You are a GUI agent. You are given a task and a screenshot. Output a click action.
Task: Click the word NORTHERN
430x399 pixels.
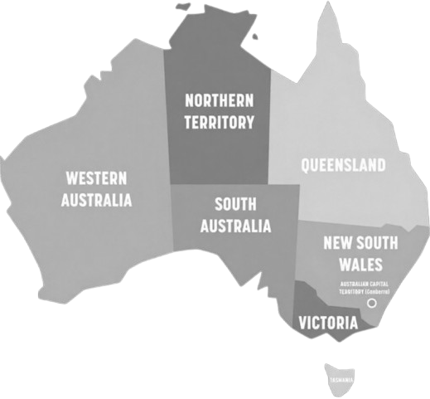point(220,101)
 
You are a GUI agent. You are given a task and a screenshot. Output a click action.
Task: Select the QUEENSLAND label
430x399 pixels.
point(342,165)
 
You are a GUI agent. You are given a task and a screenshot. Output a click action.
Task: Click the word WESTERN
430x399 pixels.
point(96,178)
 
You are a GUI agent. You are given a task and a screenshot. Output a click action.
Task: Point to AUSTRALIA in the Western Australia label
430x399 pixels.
point(96,200)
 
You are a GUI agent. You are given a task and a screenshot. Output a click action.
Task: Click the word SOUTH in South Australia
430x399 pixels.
point(235,203)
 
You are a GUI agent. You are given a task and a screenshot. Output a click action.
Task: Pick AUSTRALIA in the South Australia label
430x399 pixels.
point(235,225)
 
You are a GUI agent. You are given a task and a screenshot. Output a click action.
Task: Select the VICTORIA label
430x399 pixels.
point(329,322)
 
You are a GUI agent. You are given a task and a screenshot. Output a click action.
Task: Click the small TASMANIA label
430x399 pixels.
point(343,381)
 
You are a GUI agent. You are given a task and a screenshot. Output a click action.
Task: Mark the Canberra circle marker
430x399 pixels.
point(371,304)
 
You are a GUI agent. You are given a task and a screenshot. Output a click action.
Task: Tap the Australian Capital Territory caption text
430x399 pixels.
point(365,290)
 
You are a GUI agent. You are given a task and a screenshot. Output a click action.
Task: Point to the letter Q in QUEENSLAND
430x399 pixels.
point(305,165)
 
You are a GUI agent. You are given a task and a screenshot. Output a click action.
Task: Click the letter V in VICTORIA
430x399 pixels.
point(303,322)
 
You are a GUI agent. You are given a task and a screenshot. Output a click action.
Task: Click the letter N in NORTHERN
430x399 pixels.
point(190,101)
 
